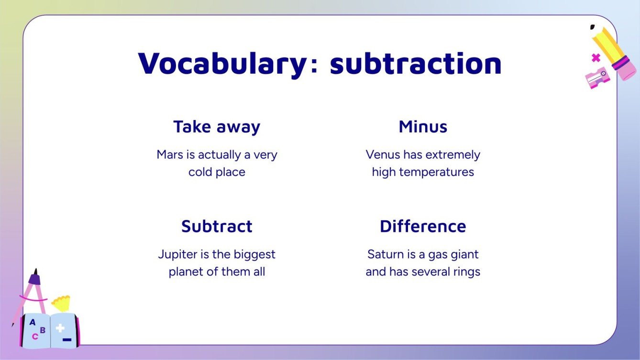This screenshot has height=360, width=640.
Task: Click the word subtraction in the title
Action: pos(416,63)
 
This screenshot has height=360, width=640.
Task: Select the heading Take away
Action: pos(217,127)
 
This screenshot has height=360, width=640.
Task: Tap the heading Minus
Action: pos(423,127)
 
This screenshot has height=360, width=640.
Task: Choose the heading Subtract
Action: pos(217,226)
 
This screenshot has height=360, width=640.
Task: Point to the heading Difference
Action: pos(423,226)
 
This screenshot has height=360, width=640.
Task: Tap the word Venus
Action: pos(383,155)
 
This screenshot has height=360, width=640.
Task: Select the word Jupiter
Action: pos(175,254)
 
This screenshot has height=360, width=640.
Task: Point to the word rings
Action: pos(466,272)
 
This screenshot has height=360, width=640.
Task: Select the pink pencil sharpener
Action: pos(597,77)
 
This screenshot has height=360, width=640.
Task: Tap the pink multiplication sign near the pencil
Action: pos(596,58)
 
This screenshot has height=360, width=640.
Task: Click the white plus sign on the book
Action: pos(60,328)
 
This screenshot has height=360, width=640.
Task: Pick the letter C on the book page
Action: pos(35,337)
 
